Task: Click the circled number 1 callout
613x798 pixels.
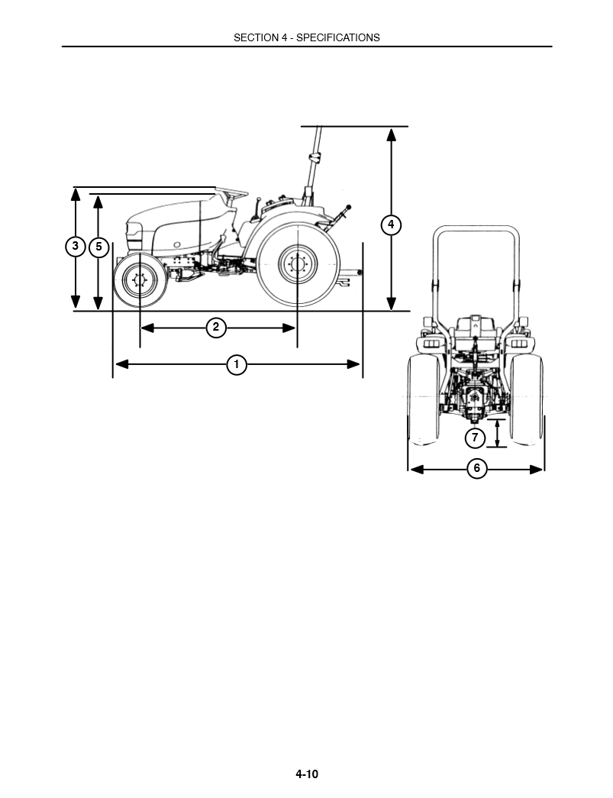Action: (x=237, y=364)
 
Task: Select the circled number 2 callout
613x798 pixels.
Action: (x=216, y=328)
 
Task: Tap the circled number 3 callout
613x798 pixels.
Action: (x=76, y=247)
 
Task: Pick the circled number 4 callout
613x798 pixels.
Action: (x=391, y=225)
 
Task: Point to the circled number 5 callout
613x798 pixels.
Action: (x=98, y=247)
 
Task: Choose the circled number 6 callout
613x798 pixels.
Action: (x=476, y=468)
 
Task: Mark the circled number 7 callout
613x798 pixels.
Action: (x=475, y=438)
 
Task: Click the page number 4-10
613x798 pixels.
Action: (x=307, y=774)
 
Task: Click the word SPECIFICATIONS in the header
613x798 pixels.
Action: (x=337, y=37)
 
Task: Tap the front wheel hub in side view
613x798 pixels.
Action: (x=140, y=280)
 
